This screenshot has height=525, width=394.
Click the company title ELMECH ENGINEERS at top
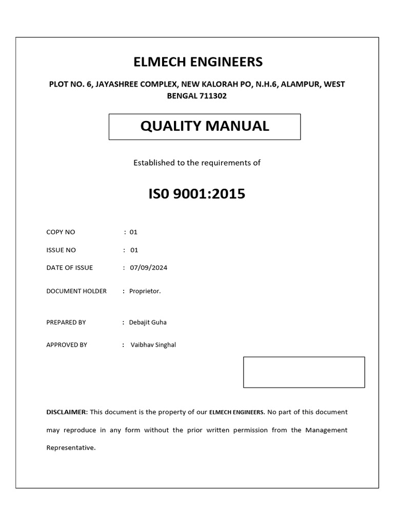point(198,62)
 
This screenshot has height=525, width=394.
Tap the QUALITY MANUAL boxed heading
point(204,126)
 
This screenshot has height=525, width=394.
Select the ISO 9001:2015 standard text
point(197,194)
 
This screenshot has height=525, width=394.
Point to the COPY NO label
point(61,232)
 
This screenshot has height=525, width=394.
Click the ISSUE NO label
point(61,250)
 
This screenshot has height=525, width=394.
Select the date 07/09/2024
point(148,268)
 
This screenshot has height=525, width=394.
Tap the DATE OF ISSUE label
point(70,268)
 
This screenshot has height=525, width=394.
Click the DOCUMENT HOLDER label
point(76,291)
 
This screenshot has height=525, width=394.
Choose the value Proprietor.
point(145,291)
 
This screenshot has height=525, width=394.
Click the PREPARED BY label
point(66,322)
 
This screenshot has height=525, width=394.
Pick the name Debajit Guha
point(148,322)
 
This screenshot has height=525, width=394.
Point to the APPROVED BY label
point(67,345)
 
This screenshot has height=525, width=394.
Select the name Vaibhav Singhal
point(153,345)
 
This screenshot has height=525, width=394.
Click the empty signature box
point(304,372)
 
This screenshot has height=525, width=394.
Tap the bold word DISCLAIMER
point(67,412)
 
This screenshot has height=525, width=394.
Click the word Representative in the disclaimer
point(70,448)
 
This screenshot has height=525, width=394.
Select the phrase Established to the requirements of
point(197,163)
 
